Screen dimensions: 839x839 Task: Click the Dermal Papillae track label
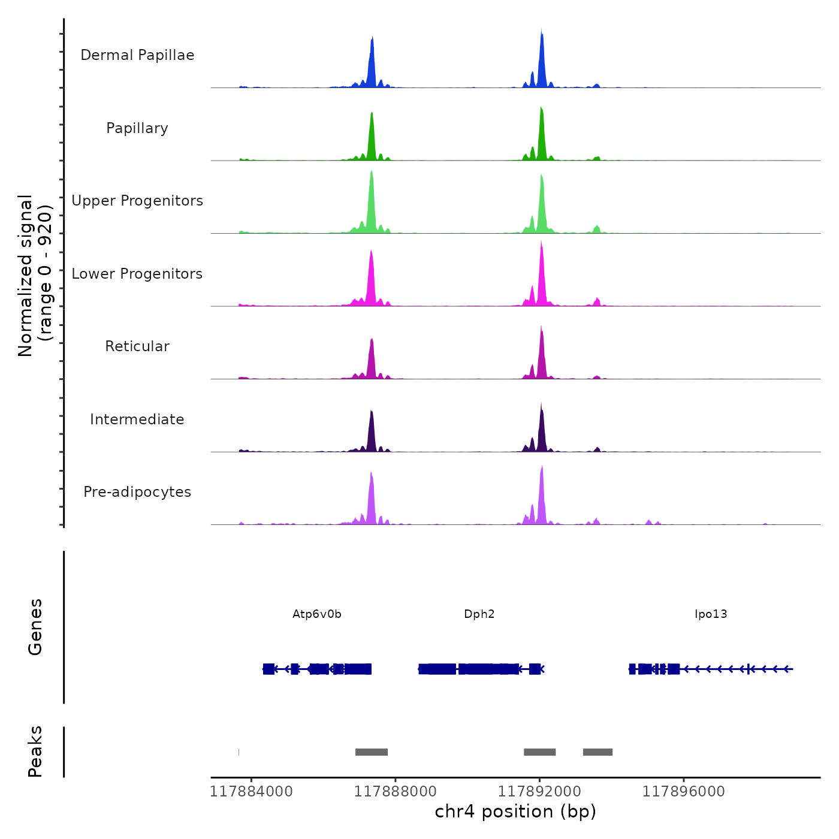(137, 55)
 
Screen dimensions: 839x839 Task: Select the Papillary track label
(137, 128)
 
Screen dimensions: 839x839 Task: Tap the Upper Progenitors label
(137, 201)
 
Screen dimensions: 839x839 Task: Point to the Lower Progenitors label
(137, 274)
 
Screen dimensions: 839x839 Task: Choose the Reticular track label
(137, 346)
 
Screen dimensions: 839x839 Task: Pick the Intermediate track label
(137, 419)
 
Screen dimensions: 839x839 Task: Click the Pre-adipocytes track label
(137, 492)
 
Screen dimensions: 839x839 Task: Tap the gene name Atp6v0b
(317, 614)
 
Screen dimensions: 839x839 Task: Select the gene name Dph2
(479, 614)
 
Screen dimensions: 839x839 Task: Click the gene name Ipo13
(711, 614)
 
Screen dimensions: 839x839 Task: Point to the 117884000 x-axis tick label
(251, 792)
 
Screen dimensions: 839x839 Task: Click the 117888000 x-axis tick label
(396, 792)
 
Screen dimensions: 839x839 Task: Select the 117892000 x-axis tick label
(539, 792)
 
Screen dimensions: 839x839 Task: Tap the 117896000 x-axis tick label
(684, 792)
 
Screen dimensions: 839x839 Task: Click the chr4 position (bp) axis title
(515, 811)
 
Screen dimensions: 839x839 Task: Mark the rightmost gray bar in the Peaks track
(597, 752)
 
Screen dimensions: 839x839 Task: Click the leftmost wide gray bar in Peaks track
(372, 752)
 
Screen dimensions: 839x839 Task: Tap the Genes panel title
(35, 627)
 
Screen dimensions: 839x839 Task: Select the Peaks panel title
(35, 752)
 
